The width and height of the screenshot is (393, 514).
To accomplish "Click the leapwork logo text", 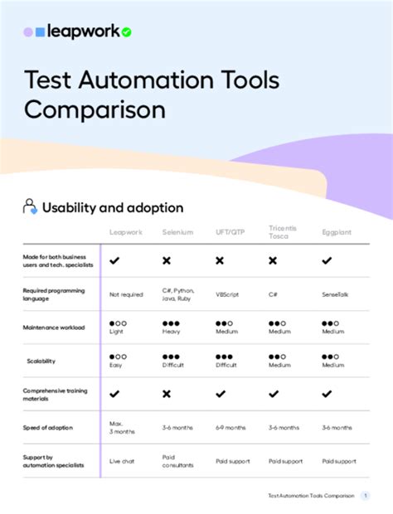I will pyautogui.click(x=82, y=32).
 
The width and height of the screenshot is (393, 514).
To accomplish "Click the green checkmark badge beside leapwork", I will pyautogui.click(x=126, y=32).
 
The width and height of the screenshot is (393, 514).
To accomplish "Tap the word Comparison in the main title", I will pyautogui.click(x=95, y=109).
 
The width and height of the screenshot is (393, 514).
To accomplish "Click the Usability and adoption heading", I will pyautogui.click(x=113, y=207).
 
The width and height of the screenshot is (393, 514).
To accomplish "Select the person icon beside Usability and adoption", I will pyautogui.click(x=30, y=207).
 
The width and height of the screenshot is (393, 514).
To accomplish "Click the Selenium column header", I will pyautogui.click(x=178, y=233).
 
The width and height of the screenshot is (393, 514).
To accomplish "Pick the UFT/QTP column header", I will pyautogui.click(x=230, y=233).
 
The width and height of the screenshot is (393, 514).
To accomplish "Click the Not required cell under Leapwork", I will pyautogui.click(x=126, y=294).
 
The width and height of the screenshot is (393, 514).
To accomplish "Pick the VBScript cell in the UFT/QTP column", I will pyautogui.click(x=228, y=294).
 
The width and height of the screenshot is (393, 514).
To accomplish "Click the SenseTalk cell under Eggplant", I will pyautogui.click(x=338, y=294).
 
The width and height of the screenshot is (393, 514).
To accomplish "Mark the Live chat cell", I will pyautogui.click(x=123, y=461).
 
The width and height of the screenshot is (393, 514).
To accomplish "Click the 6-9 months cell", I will pyautogui.click(x=230, y=428).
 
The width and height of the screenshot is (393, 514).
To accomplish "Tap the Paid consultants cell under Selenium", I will pyautogui.click(x=178, y=461).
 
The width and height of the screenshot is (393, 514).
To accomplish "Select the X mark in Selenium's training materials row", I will pyautogui.click(x=167, y=394).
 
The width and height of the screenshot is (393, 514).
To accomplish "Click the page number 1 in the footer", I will pyautogui.click(x=366, y=495).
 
